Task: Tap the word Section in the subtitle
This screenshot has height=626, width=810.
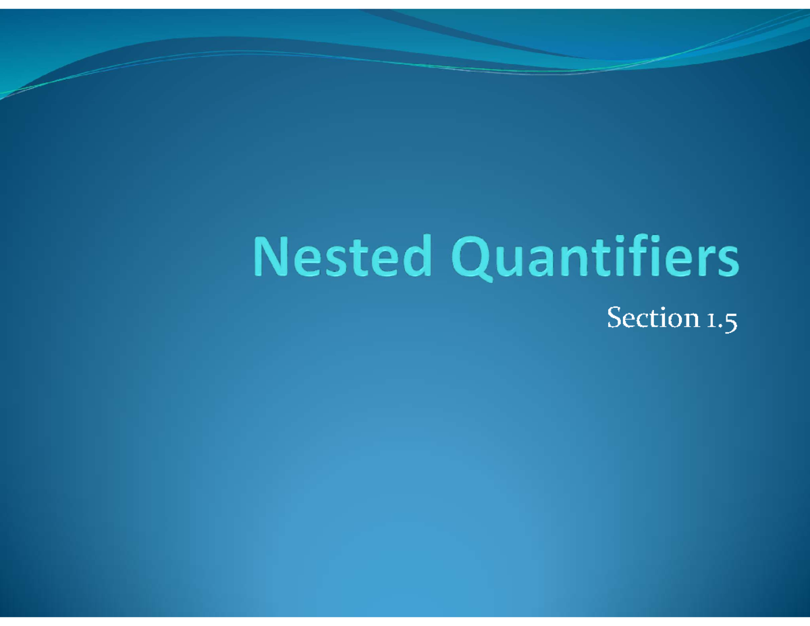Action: tap(651, 318)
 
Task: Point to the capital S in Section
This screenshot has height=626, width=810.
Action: tap(614, 317)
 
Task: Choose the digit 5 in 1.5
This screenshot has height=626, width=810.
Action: tap(730, 320)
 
